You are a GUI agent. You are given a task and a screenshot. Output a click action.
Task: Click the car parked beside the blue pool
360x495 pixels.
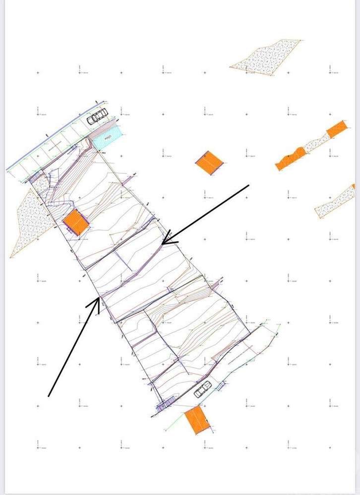[x=97, y=116]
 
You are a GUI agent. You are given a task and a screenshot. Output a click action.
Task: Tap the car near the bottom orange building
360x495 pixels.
[x=203, y=390]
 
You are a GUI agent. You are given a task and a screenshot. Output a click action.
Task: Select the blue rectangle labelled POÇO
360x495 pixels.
[x=107, y=135]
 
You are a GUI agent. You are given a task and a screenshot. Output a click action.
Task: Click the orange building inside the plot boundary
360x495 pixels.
[x=77, y=221]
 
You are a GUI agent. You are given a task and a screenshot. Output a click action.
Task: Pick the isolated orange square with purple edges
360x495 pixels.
[x=210, y=162]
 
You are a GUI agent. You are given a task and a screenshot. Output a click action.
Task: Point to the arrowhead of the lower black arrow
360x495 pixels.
[x=99, y=299]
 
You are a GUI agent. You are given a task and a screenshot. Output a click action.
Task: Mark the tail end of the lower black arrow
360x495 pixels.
[x=49, y=396]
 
